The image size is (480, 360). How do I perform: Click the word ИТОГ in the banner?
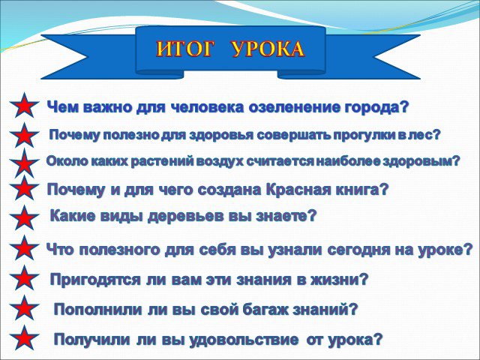(x=184, y=49)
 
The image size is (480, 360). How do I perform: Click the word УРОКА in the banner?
(x=268, y=49)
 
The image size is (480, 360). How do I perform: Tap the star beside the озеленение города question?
(x=24, y=105)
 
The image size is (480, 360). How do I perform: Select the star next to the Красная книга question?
(x=24, y=188)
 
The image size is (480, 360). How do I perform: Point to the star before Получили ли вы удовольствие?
(x=24, y=337)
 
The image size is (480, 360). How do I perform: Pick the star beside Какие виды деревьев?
(x=24, y=218)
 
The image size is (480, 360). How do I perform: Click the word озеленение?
(x=295, y=107)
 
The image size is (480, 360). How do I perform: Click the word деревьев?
(x=185, y=217)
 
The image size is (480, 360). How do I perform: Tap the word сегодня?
(x=358, y=250)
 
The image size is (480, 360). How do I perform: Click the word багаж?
(x=265, y=310)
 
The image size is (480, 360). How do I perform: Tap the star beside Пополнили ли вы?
(x=24, y=308)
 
